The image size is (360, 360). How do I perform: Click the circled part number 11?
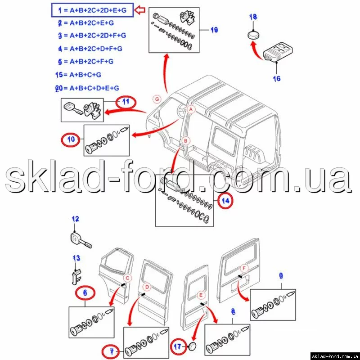click(126, 102)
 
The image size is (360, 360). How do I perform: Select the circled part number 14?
click(225, 201)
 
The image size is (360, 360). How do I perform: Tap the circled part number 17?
click(178, 346)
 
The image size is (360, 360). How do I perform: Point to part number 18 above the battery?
click(253, 17)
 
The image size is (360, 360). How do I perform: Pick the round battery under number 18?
click(253, 36)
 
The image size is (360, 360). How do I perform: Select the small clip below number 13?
click(76, 277)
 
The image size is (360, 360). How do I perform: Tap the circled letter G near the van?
click(157, 99)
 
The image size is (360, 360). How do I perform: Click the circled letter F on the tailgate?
click(244, 268)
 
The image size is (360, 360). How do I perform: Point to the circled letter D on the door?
click(147, 287)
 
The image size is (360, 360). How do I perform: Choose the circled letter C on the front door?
click(127, 278)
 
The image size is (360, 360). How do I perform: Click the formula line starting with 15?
click(78, 75)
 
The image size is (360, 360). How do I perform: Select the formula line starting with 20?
click(87, 88)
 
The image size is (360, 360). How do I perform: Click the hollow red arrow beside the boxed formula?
click(140, 10)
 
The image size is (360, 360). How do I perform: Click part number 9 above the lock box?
click(281, 276)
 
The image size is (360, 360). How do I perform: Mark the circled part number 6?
click(85, 293)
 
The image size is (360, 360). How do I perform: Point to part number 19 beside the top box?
click(214, 30)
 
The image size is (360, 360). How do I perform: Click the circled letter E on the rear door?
click(201, 295)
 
